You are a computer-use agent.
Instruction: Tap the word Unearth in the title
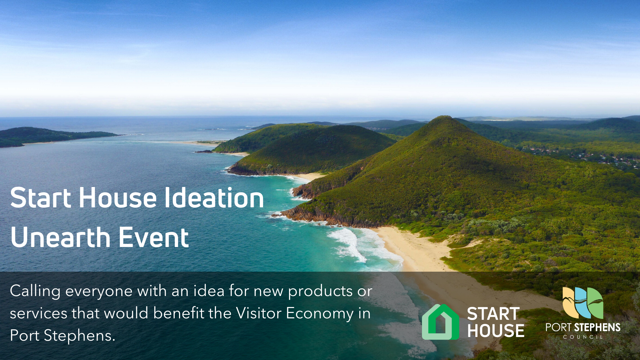60,237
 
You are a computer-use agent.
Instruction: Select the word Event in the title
154,237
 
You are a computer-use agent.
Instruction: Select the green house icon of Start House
440,322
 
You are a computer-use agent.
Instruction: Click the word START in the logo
493,314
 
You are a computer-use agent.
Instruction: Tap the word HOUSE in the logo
496,331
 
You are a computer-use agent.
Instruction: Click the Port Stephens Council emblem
583,303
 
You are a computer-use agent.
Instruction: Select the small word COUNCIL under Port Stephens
583,337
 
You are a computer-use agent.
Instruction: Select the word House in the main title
117,198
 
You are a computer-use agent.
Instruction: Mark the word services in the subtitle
39,314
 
